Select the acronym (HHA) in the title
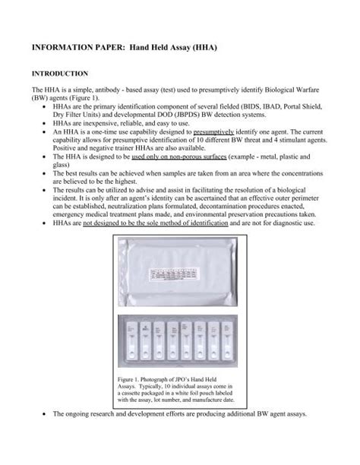click(x=200, y=47)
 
